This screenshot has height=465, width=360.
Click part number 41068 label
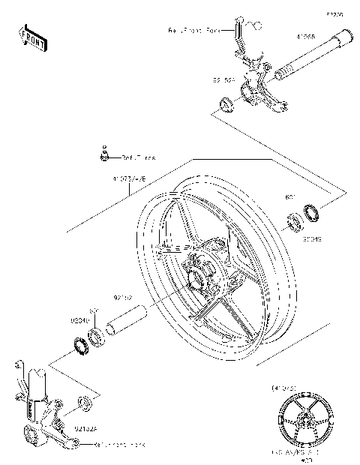click(305, 35)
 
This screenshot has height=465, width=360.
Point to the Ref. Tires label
click(140, 158)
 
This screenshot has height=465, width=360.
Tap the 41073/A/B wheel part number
click(129, 180)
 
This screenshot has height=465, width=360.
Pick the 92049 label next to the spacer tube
click(81, 320)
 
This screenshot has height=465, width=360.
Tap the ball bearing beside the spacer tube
click(97, 335)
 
